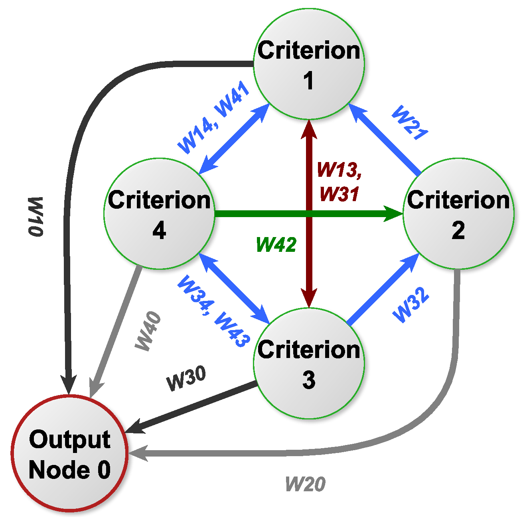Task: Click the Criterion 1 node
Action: pyautogui.click(x=309, y=64)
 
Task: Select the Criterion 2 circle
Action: pyautogui.click(x=458, y=214)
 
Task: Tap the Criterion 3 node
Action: pyautogui.click(x=309, y=363)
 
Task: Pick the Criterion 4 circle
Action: pyautogui.click(x=159, y=214)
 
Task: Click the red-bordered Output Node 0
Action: pyautogui.click(x=69, y=453)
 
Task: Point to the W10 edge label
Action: pyautogui.click(x=36, y=217)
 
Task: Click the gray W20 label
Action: pyautogui.click(x=305, y=484)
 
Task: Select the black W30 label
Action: pyautogui.click(x=186, y=378)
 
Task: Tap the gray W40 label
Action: pyautogui.click(x=148, y=331)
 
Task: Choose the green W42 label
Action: pyautogui.click(x=276, y=244)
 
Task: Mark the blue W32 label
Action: pyautogui.click(x=411, y=305)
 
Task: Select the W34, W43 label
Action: pyautogui.click(x=214, y=311)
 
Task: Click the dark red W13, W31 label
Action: pyautogui.click(x=339, y=182)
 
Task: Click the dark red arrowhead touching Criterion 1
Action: pyautogui.click(x=309, y=129)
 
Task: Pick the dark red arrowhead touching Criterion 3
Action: pyautogui.click(x=309, y=299)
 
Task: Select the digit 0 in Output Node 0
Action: pyautogui.click(x=104, y=470)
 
